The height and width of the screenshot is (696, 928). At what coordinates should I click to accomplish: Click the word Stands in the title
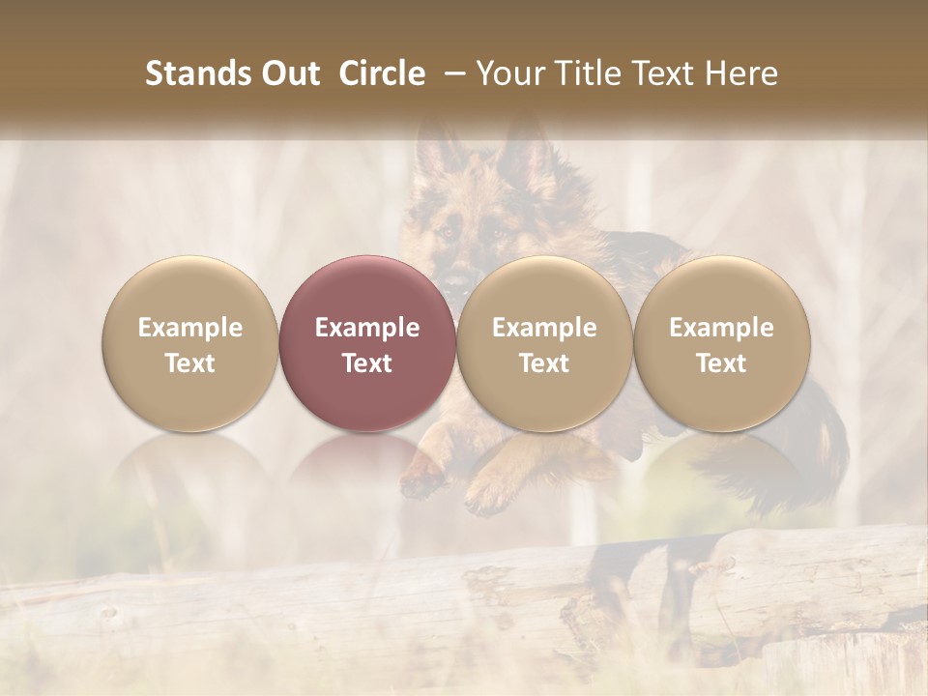coord(189,73)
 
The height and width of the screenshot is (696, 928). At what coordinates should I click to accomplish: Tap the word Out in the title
coord(286,73)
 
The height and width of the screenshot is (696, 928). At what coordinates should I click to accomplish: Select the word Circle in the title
coord(382,73)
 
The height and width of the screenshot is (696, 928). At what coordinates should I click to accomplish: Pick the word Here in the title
coord(741,73)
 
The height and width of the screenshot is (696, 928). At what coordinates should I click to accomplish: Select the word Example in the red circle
coord(367,328)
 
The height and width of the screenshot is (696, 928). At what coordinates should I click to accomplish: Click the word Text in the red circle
coord(367,363)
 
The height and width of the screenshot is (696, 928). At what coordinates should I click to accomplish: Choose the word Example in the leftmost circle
coord(190,328)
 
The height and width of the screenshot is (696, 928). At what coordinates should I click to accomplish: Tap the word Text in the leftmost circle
coord(190,363)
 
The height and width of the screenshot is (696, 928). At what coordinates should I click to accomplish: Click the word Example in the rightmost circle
coord(722,328)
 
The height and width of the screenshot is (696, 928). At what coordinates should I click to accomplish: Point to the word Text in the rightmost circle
coord(722,363)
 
